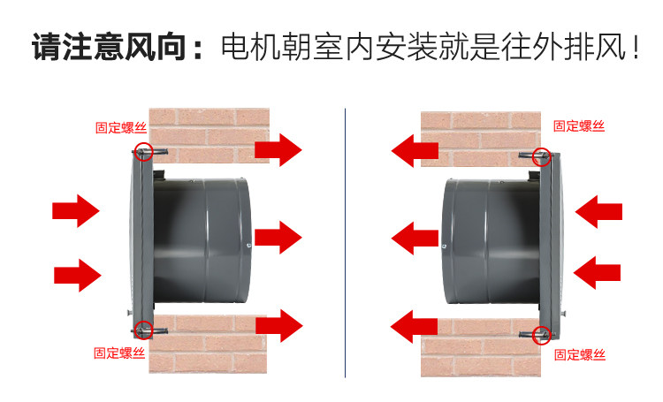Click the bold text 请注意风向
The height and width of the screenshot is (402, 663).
110,47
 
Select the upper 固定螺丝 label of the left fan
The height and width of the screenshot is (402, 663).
121,127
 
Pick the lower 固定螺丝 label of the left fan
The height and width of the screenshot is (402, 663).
119,353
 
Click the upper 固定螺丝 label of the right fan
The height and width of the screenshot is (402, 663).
579,126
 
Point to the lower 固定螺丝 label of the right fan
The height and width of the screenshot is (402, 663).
580,355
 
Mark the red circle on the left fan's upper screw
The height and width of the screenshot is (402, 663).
144,151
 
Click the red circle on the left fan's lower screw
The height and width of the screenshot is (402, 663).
143,330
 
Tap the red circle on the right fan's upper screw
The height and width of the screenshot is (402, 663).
542,156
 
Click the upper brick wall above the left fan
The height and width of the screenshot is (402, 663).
209,133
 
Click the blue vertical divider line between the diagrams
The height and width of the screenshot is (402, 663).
345,243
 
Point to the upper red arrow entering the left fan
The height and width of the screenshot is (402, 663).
76,210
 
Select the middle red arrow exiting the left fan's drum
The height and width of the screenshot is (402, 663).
278,237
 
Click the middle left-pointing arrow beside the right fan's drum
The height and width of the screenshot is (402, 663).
415,238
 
